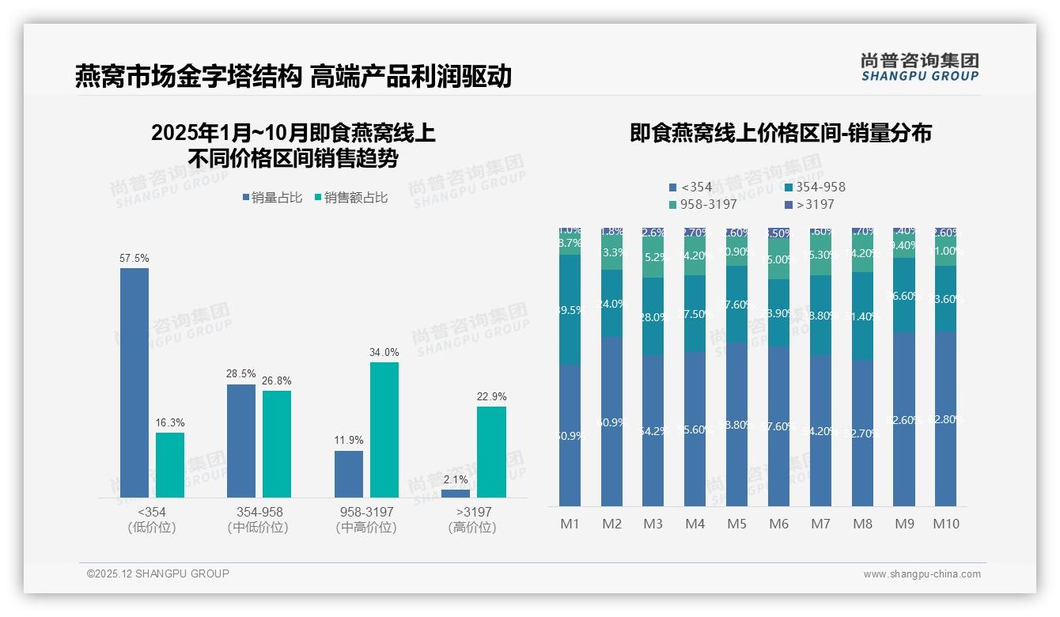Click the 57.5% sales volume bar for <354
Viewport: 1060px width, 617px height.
(134, 383)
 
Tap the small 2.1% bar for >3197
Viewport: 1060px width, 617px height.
(456, 494)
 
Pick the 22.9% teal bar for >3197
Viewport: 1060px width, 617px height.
(491, 452)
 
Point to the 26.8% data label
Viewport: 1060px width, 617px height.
(277, 380)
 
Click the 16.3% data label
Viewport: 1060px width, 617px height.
(170, 422)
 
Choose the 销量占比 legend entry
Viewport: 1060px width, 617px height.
(272, 198)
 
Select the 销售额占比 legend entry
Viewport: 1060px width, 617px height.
(351, 198)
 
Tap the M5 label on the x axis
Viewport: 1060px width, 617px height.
(737, 524)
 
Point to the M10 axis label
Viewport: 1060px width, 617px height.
(946, 524)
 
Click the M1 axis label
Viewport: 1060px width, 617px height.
(570, 524)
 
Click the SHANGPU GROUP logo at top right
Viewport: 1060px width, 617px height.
(919, 67)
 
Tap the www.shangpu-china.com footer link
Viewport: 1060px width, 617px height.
(922, 574)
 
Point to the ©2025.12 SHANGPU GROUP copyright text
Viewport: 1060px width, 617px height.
(158, 573)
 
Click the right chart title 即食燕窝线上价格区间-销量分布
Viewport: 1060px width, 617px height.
(780, 133)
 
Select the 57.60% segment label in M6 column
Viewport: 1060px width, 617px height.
(779, 426)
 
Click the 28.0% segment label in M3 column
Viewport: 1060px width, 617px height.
(653, 316)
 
